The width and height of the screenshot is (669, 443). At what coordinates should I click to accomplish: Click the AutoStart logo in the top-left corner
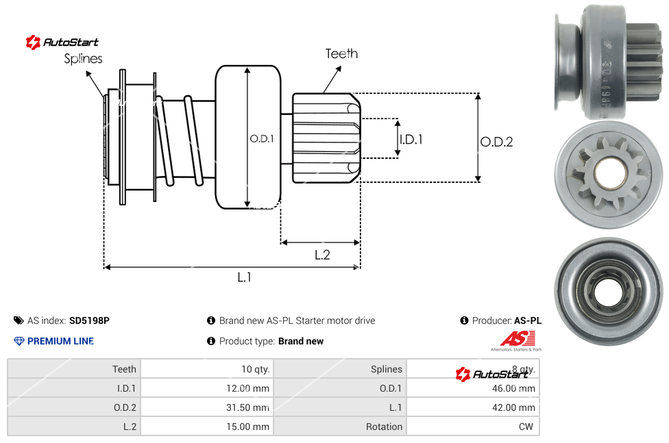[62, 42]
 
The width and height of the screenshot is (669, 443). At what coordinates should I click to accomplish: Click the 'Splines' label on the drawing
[83, 59]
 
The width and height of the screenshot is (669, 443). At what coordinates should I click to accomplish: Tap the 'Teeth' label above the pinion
[341, 53]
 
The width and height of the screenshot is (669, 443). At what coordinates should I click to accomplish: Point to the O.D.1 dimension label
[262, 138]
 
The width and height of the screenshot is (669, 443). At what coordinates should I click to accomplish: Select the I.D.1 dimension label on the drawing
[411, 139]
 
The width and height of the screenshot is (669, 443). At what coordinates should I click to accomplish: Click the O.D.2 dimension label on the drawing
[496, 142]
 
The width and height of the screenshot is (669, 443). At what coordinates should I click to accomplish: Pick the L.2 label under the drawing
[322, 255]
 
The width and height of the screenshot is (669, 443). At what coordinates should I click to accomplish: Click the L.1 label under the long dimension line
[245, 277]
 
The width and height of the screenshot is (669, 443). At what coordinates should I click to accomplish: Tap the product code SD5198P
[90, 320]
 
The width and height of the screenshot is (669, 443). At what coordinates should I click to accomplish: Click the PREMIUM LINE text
[60, 341]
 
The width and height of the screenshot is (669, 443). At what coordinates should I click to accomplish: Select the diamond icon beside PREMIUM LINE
[19, 341]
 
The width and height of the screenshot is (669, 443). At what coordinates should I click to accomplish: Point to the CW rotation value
[526, 427]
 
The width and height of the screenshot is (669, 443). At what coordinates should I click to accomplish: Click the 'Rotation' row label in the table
[384, 427]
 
